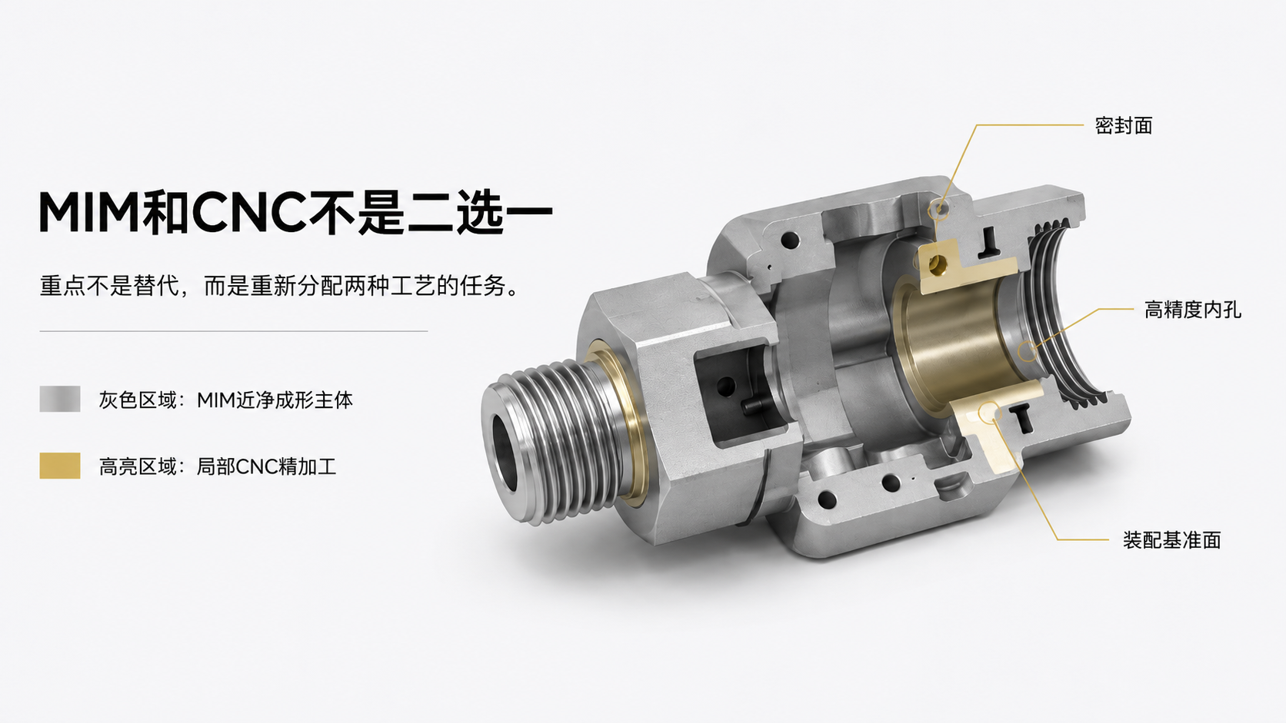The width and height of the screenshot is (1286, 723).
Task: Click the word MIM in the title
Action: tap(89, 212)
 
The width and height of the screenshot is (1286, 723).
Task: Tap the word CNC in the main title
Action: tap(248, 212)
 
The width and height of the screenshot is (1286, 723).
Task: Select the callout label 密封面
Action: tap(1124, 125)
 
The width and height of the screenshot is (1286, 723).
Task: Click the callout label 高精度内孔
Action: tap(1192, 310)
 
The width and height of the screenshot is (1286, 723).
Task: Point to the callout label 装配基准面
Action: tap(1171, 540)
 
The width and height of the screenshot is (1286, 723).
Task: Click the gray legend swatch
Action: tap(60, 399)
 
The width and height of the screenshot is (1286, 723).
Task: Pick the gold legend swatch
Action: tap(60, 466)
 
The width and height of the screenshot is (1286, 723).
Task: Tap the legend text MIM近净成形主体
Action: tap(275, 400)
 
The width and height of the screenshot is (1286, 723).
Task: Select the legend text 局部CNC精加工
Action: tap(266, 466)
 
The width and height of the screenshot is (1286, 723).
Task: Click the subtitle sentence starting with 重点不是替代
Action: tap(280, 286)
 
